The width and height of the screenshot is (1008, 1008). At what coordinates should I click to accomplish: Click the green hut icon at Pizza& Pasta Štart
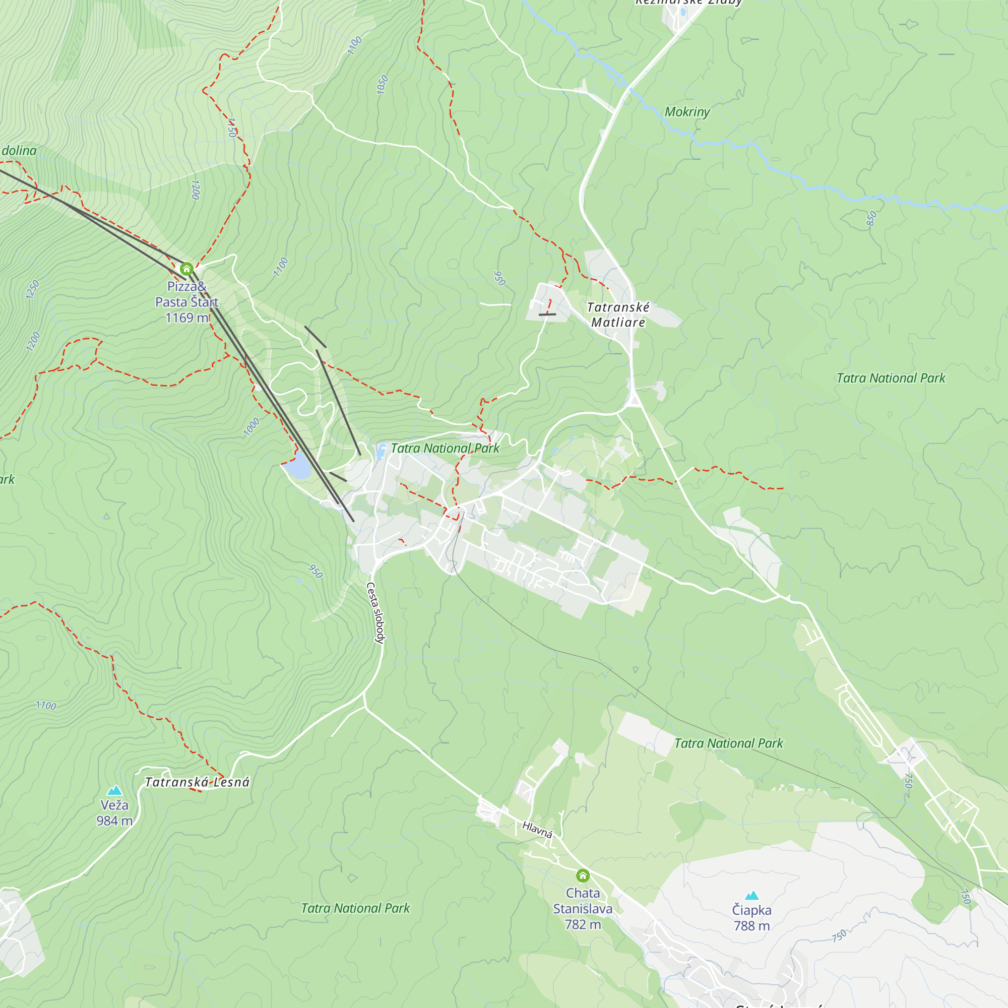187,269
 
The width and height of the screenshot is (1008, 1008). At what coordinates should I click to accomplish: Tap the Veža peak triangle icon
114,790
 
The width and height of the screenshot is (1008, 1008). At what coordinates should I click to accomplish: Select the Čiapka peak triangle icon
751,896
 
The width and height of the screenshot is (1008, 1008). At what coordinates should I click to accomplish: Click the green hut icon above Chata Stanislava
583,875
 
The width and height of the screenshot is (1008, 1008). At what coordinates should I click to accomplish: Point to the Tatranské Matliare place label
618,314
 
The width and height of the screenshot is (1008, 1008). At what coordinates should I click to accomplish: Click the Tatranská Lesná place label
197,782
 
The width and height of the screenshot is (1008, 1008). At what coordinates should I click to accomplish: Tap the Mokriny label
687,112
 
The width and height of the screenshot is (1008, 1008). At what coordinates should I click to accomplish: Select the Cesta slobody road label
375,613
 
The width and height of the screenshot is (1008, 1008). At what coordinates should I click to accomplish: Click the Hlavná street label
537,829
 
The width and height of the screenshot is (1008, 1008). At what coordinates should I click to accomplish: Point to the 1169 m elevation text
186,318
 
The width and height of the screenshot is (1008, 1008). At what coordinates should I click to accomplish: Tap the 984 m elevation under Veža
114,821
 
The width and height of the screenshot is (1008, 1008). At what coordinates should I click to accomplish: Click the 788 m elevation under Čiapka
751,926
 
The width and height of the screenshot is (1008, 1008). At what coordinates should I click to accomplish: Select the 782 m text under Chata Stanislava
583,924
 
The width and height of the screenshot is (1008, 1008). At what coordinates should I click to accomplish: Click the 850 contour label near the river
871,218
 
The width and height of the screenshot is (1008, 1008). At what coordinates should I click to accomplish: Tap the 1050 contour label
383,85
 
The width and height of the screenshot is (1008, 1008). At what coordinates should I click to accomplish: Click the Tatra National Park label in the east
891,379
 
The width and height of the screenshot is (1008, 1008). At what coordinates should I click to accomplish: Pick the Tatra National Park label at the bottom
355,908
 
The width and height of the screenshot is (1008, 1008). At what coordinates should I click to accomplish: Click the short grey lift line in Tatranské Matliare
547,314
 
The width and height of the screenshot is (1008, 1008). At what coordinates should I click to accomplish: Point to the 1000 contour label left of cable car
251,427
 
